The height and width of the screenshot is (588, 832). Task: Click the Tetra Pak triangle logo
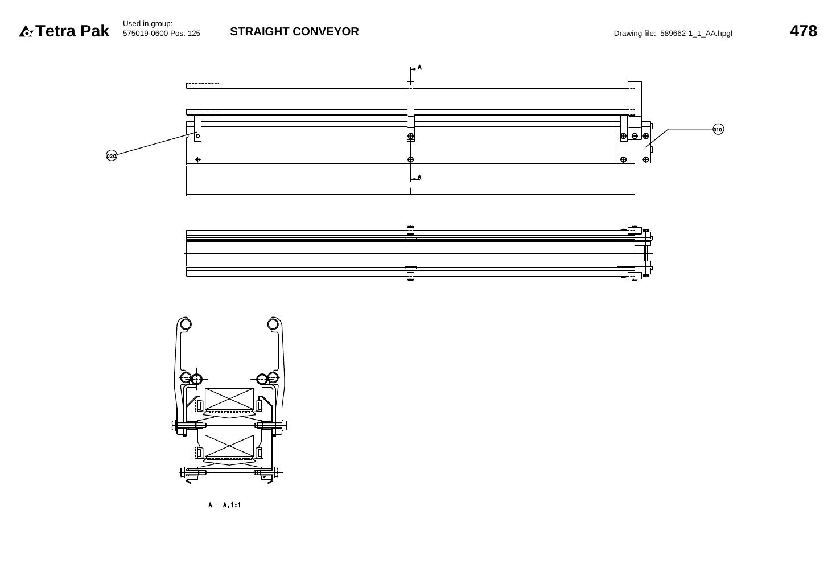pos(26,31)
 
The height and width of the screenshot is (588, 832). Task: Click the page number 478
pos(804,31)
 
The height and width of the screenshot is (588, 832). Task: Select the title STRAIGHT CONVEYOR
pos(295,31)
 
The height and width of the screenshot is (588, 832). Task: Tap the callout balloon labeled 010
pos(718,129)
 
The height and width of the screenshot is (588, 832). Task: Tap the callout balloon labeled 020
pos(112,155)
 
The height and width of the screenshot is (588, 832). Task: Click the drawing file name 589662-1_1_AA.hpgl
pos(696,34)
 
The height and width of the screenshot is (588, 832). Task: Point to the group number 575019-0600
pos(145,34)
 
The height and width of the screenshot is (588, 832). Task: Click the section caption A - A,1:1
pos(225,505)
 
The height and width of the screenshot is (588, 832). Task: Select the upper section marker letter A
pos(419,68)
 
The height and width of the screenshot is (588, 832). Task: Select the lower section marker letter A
pos(419,177)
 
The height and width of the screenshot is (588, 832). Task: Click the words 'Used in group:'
pos(148,24)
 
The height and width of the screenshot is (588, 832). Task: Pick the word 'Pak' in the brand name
pos(94,31)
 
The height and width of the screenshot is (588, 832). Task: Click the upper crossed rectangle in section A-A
pos(229,399)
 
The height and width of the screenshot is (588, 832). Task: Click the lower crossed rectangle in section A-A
pos(229,446)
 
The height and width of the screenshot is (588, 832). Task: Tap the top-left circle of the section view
pos(186,324)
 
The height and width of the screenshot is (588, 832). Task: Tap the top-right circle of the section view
pos(273,324)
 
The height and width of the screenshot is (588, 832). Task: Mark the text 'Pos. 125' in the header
pos(185,34)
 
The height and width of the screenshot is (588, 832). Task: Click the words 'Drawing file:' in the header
pos(635,34)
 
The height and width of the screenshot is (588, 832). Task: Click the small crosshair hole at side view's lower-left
pos(197,160)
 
